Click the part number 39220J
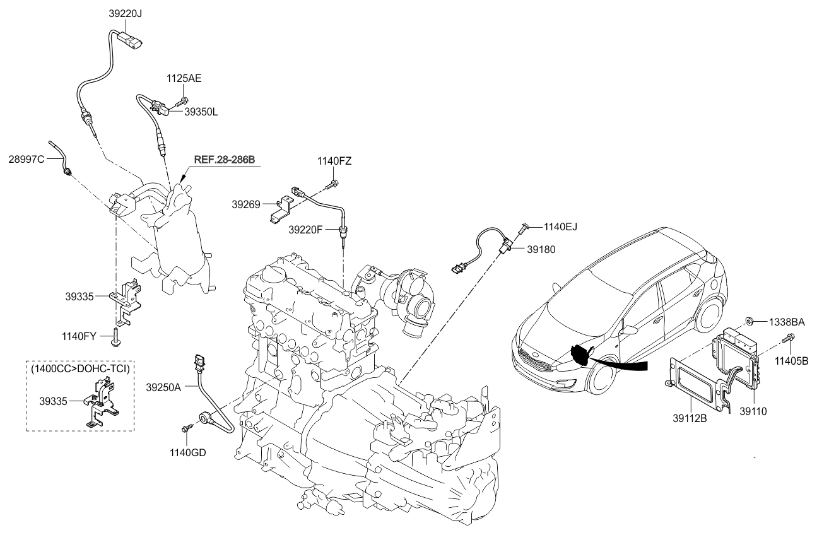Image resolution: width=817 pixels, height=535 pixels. [x=122, y=13]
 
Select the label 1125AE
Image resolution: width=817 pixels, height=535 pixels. [x=184, y=79]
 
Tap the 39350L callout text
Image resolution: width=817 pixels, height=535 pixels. [x=201, y=112]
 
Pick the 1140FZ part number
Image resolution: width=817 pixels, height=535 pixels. [x=334, y=162]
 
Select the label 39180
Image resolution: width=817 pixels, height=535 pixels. [x=542, y=249]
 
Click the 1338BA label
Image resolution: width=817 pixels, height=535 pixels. [x=786, y=322]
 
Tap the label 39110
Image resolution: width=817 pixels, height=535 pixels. [x=750, y=411]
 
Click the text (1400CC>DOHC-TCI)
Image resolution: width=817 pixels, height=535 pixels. [x=80, y=368]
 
